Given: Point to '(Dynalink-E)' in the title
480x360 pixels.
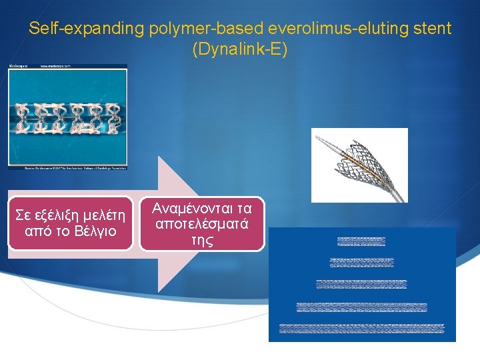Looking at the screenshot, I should [x=239, y=50].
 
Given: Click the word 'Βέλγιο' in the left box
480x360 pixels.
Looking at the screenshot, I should [x=95, y=232].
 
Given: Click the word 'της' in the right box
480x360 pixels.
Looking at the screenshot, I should [x=202, y=241].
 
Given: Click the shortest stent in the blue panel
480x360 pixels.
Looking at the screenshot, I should [x=361, y=241].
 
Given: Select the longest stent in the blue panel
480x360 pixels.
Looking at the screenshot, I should [x=361, y=328].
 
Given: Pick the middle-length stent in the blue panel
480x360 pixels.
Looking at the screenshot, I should [x=361, y=285].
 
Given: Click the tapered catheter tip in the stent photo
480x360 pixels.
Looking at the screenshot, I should [x=325, y=143].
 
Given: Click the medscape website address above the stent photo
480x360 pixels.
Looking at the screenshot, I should [x=54, y=67].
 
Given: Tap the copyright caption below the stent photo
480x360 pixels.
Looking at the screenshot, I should [x=67, y=169].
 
